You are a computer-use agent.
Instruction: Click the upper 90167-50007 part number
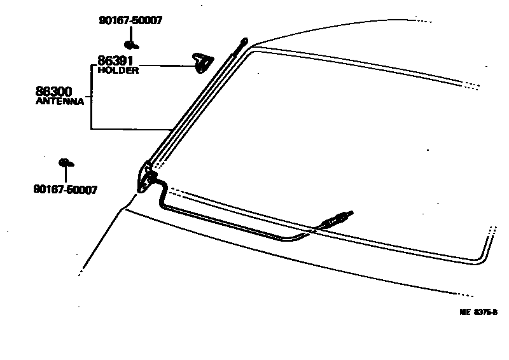coord(130,20)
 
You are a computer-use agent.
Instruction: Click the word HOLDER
coord(118,71)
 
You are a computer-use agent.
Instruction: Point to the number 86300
coord(53,92)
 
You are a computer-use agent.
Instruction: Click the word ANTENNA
coord(60,101)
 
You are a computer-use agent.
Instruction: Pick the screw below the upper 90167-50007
coord(132,45)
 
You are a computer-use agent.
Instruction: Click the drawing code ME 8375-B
coord(478,312)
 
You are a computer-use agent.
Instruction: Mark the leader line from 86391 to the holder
coord(165,64)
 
